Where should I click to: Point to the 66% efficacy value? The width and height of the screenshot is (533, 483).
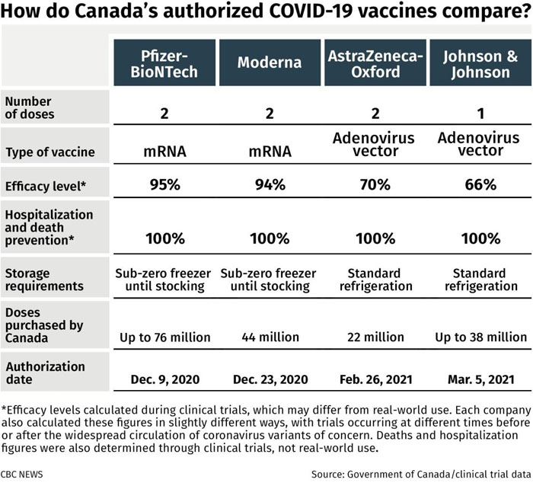click(x=480, y=185)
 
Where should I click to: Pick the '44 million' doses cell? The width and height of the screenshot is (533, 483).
click(x=270, y=336)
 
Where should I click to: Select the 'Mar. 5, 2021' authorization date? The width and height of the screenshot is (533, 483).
click(x=480, y=379)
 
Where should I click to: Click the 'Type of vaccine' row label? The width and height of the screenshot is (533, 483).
click(x=49, y=152)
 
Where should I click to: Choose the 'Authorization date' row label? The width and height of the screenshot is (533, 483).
click(x=45, y=371)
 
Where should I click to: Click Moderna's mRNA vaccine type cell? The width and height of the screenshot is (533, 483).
click(x=270, y=151)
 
